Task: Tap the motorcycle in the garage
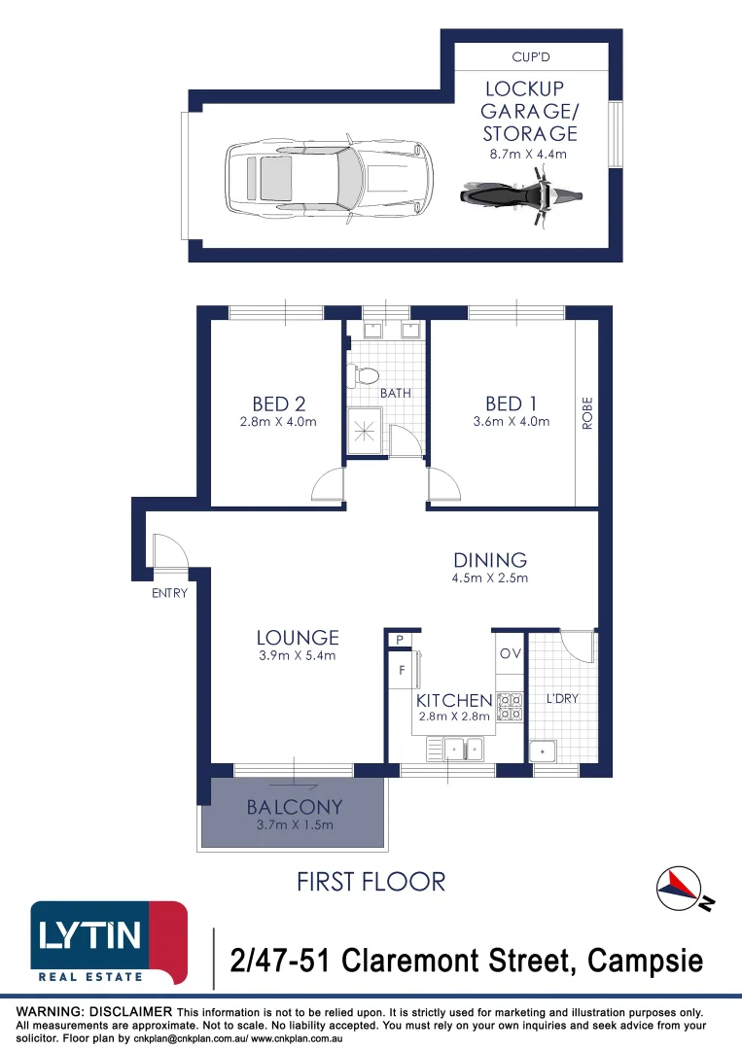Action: [521, 194]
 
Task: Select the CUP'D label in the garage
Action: [531, 58]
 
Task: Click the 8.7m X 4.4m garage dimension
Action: [526, 154]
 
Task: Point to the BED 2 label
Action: [271, 403]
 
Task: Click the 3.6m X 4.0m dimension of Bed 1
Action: [511, 422]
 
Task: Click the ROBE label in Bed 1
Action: [586, 412]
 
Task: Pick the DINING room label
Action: [490, 560]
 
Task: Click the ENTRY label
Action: [168, 593]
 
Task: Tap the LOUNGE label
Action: [298, 638]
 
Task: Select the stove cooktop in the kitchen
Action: [509, 707]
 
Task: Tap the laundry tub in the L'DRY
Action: [542, 751]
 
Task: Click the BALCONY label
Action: [294, 807]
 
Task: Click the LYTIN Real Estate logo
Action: [108, 942]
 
